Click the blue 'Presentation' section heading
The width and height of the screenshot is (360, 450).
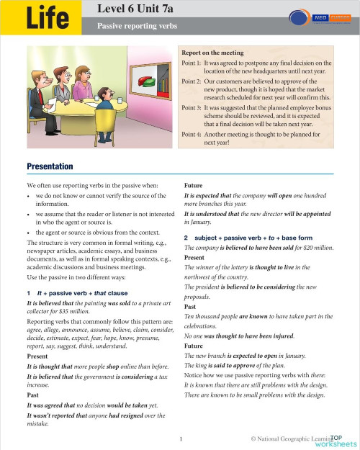[50, 166]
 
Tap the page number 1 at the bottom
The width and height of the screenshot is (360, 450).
[180, 437]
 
